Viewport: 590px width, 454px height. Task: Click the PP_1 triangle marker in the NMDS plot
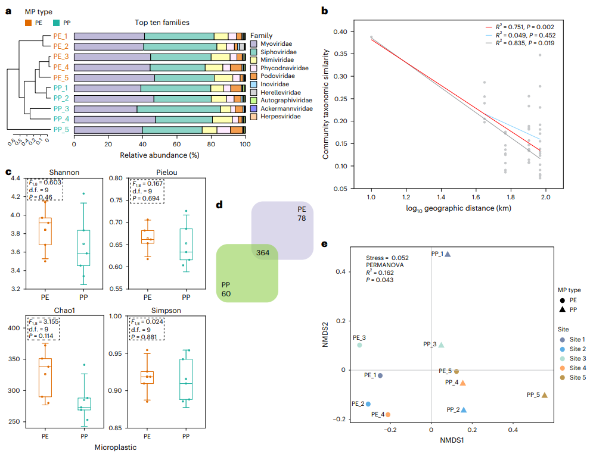(448, 254)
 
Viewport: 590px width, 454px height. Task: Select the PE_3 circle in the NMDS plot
(359, 345)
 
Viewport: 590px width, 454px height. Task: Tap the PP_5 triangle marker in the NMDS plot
(544, 395)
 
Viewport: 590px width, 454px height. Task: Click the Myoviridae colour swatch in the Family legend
(254, 44)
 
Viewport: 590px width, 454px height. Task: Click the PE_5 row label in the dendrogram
(61, 77)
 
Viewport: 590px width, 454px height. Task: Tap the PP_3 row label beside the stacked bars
(61, 108)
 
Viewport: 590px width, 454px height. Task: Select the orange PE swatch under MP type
(28, 23)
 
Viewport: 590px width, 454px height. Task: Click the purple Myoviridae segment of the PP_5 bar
(108, 129)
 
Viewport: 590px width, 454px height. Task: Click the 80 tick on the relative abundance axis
(210, 144)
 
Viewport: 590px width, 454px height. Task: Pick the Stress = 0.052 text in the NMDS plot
(387, 258)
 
